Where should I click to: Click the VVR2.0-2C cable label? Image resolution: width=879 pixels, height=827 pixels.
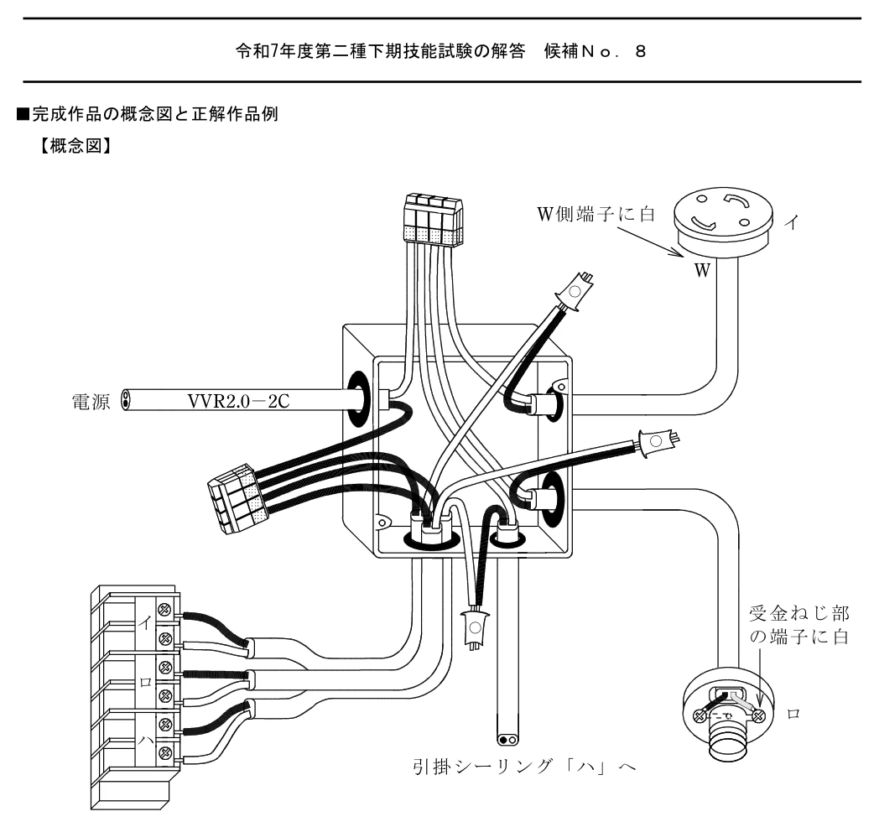tap(238, 401)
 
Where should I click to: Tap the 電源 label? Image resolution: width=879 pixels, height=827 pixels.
tap(91, 402)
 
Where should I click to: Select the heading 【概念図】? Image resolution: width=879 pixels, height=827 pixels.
tap(75, 146)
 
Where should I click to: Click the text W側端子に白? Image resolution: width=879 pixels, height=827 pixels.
tap(596, 214)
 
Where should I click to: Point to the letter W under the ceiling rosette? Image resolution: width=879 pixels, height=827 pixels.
tap(702, 270)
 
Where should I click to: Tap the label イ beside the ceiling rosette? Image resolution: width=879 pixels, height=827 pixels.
tap(791, 223)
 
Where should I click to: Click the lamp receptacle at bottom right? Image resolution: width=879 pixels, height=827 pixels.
tap(729, 713)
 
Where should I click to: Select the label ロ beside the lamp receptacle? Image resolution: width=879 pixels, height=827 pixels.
tap(793, 714)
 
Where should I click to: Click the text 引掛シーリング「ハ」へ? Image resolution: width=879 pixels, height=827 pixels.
tap(525, 766)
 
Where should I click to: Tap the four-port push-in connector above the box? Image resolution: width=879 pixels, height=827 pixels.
tap(434, 219)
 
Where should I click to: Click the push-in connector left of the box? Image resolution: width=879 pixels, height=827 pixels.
tap(236, 498)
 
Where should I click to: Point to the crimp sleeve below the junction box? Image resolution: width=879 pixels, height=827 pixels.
tap(475, 629)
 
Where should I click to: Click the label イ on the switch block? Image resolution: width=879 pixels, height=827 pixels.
tap(145, 623)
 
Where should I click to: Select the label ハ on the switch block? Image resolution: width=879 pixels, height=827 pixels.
tap(145, 741)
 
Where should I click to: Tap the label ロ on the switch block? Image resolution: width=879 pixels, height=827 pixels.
tap(145, 683)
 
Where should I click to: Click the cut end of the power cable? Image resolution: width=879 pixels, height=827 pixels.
tap(126, 400)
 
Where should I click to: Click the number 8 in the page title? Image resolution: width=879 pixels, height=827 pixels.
tap(640, 52)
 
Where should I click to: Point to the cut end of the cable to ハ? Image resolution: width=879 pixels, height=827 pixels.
tap(508, 740)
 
